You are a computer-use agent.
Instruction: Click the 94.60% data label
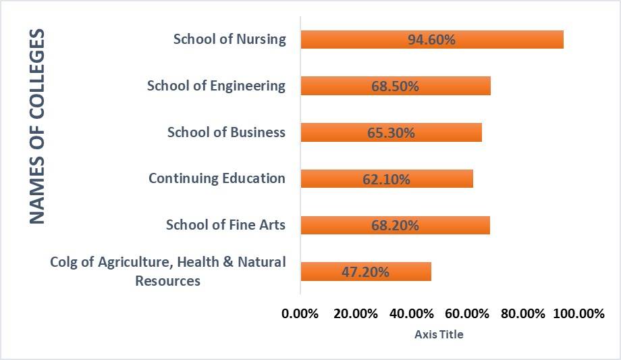431,40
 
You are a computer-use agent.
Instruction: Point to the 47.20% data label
366,272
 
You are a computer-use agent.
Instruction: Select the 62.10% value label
387,180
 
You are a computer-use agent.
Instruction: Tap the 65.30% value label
391,133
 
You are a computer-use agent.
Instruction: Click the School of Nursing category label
230,39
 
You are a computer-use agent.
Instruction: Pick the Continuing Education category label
217,178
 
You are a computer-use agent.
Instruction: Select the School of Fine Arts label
225,225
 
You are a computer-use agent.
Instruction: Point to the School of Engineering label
216,86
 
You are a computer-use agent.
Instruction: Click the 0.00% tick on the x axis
300,314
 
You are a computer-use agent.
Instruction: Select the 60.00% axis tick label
467,314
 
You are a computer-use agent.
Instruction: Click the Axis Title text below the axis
439,334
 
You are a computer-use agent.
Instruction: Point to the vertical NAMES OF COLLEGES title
37,126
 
